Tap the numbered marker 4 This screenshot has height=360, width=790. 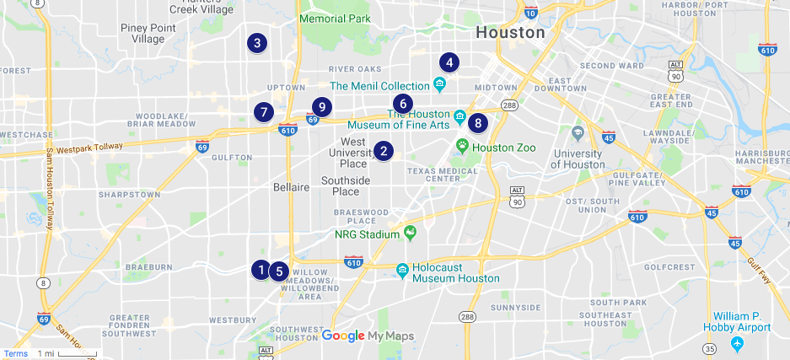[449, 62]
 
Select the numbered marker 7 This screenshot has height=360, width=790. [264, 111]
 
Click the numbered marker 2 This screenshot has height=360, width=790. [384, 151]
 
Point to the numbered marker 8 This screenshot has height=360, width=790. [478, 123]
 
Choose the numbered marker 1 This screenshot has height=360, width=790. [261, 270]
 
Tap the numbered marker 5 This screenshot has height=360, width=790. [278, 271]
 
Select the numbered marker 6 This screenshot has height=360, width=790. [403, 104]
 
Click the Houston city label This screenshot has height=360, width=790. [510, 33]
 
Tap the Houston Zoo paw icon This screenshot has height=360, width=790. [463, 146]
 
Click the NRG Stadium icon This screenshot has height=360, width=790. [410, 233]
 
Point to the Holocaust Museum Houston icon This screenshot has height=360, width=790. [403, 269]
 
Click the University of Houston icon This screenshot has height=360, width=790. [578, 133]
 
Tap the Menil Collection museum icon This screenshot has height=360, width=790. [439, 84]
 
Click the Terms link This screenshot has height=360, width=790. [15, 354]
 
